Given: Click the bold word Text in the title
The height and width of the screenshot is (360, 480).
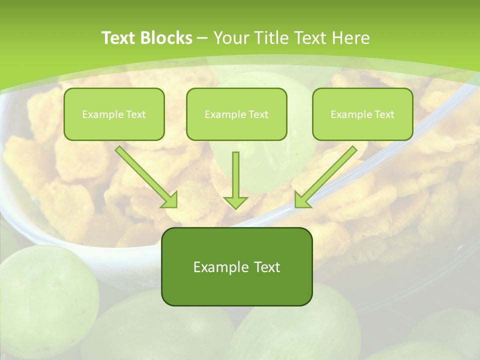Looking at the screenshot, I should point(118,38).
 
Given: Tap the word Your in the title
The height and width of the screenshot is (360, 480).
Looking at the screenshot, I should point(231,38).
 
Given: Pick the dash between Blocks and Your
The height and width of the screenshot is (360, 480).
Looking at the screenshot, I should point(202,38).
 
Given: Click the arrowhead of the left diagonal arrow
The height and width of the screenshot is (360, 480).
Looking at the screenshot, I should point(170,200).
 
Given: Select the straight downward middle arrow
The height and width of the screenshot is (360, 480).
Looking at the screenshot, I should point(235,180).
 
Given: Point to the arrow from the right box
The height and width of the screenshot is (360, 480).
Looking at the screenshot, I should point(325,177).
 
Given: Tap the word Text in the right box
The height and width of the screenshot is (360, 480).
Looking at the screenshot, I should point(384,114).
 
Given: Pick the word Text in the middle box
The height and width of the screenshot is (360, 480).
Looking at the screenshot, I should point(258,114).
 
